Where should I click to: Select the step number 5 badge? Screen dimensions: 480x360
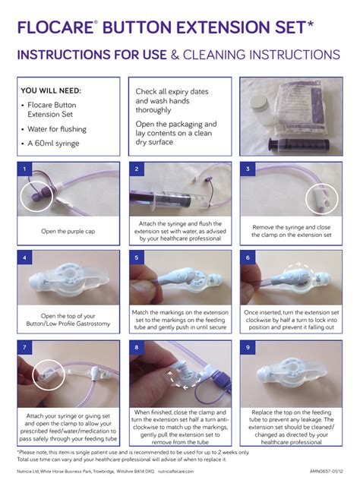136,257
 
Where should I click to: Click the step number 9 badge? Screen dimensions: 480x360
248,347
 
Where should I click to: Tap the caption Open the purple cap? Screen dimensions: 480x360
68,230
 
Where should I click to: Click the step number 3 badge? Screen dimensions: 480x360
248,169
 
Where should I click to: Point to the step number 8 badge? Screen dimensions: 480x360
136,347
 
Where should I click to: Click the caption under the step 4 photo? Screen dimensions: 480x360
68,319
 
